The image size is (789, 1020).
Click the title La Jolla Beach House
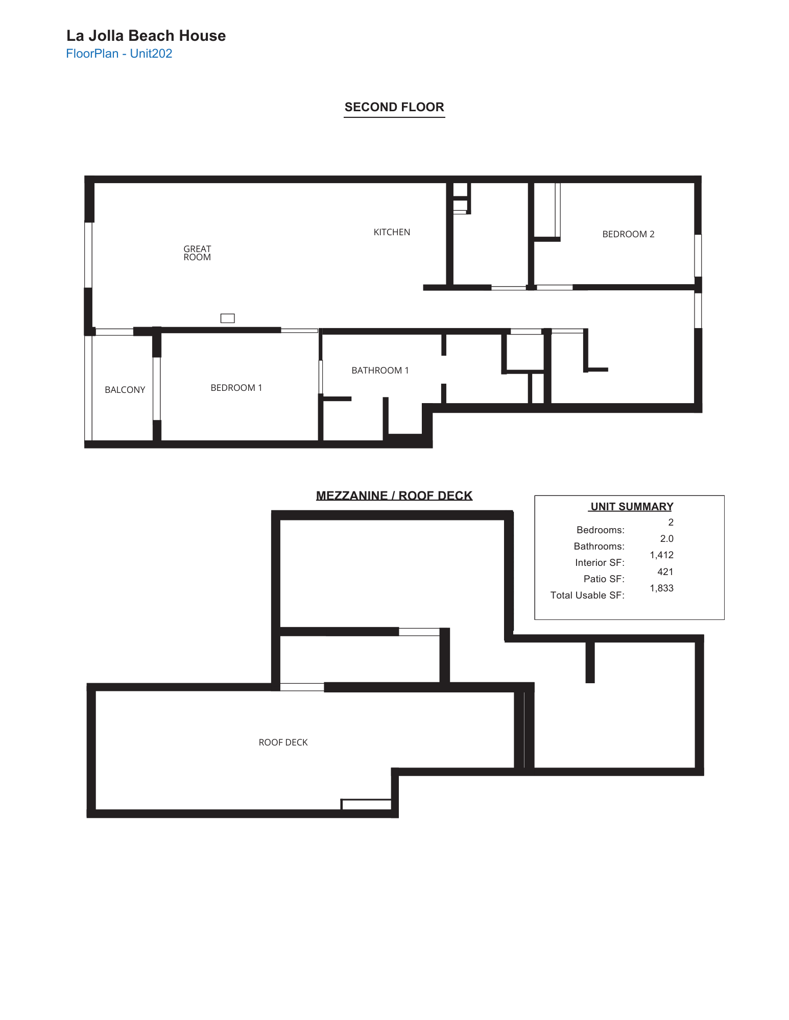pos(146,36)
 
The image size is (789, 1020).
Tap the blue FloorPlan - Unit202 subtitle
pos(119,54)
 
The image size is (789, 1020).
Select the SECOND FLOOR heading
pos(394,107)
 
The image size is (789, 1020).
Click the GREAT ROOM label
pos(197,253)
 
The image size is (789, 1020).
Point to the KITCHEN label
pos(392,232)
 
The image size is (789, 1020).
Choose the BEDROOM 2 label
pos(628,234)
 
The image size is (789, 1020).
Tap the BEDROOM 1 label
pos(236,388)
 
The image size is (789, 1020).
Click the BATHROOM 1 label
pos(380,370)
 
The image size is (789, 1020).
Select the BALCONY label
pos(125,390)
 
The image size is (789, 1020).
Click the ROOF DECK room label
pos(283,742)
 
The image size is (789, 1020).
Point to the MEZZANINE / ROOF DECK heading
pos(394,495)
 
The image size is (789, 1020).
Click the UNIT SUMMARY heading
pos(631,507)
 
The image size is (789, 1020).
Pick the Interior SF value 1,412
pos(661,555)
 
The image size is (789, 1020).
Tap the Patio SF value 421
pos(665,572)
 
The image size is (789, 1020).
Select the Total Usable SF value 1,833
pos(661,588)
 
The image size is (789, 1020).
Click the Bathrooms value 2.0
pos(666,539)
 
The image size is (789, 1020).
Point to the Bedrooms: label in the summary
pos(600,530)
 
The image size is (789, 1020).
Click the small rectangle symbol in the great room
pos(227,318)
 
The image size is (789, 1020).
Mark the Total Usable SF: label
pos(587,595)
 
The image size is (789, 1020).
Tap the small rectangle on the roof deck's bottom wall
pos(366,805)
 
